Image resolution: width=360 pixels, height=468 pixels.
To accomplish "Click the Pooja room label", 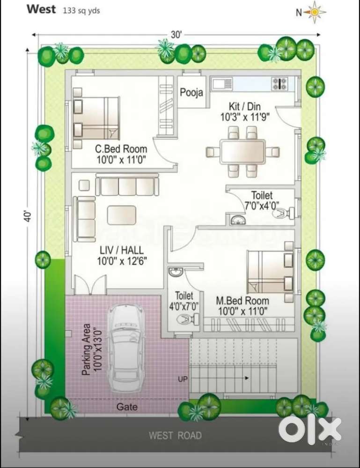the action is tap(191, 93).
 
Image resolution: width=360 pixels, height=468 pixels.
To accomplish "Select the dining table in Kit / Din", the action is tap(243, 151).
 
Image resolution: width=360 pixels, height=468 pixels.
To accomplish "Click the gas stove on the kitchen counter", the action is tap(279, 83).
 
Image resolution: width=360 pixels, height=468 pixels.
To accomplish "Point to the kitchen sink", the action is tap(222, 83).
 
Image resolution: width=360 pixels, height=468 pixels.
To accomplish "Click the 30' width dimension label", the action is tap(176, 35).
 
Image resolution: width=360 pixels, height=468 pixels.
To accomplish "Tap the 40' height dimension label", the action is tap(28, 216).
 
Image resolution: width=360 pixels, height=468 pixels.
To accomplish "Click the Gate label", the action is tap(127, 407).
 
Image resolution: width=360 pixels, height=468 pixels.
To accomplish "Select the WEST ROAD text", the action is tap(176, 436).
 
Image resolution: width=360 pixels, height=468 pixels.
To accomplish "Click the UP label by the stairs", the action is tap(183, 379).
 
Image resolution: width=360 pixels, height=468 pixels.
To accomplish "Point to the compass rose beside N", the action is tap(315, 12).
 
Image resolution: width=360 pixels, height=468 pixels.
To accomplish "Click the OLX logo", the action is tap(310, 429).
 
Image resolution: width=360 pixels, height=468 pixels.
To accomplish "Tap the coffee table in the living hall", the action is tap(122, 215).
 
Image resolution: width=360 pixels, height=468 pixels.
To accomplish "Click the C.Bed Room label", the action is tap(121, 149).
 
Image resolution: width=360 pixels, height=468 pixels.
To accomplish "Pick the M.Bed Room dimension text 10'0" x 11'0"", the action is tap(243, 312).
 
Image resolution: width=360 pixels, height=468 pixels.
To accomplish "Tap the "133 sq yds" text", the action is tap(81, 11).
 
